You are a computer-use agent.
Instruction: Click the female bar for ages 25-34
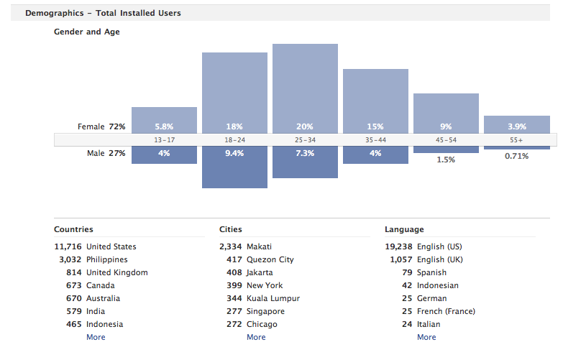(x=305, y=86)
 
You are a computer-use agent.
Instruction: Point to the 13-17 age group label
(x=164, y=139)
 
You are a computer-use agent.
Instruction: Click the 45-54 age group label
(x=446, y=139)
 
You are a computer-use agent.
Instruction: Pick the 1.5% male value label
(x=446, y=160)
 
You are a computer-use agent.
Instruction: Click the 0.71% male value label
(x=516, y=156)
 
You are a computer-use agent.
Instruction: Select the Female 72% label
(x=101, y=126)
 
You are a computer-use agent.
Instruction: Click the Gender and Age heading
(x=87, y=32)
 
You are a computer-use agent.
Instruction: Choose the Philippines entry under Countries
(x=106, y=259)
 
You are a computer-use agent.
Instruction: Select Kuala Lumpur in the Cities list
(x=273, y=298)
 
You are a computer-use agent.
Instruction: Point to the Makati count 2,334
(x=231, y=246)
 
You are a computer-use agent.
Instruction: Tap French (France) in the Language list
(x=446, y=311)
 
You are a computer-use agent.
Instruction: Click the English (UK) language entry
(x=440, y=259)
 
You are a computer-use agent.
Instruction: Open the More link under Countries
(x=96, y=337)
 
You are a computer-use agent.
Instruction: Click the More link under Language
(x=426, y=337)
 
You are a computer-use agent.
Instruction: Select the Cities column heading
(x=231, y=229)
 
